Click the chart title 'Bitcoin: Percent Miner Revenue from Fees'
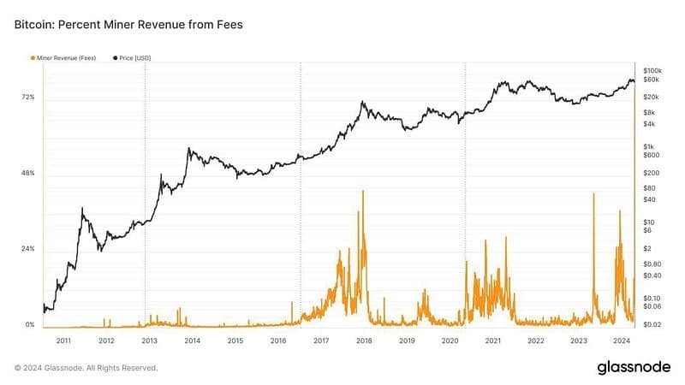coord(128,25)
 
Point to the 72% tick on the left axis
coord(29,98)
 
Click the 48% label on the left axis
coord(29,174)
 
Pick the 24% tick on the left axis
coord(29,249)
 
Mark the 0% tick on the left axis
coord(31,325)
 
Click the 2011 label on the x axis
coord(63,341)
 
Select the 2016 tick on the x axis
coord(278,341)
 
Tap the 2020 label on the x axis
coord(450,341)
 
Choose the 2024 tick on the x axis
coord(621,341)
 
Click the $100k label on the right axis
coord(653,69)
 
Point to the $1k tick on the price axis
coord(649,145)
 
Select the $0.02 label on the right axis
coord(653,325)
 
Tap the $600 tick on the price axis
coord(651,155)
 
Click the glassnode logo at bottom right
coord(634,367)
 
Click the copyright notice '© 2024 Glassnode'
coord(86,368)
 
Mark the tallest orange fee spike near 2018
coord(363,191)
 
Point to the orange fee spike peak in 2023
coord(593,195)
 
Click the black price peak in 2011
coord(82,208)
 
